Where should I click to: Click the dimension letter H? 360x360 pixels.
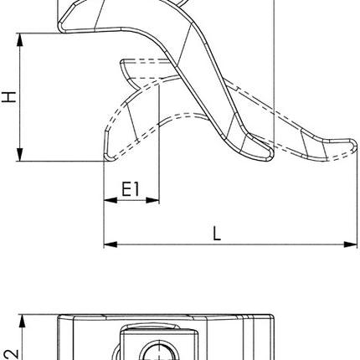pyautogui.click(x=9, y=97)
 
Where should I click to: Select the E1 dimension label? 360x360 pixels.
pyautogui.click(x=131, y=190)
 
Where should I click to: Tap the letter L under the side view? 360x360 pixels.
pyautogui.click(x=216, y=234)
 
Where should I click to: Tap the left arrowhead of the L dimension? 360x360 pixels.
pyautogui.click(x=108, y=244)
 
